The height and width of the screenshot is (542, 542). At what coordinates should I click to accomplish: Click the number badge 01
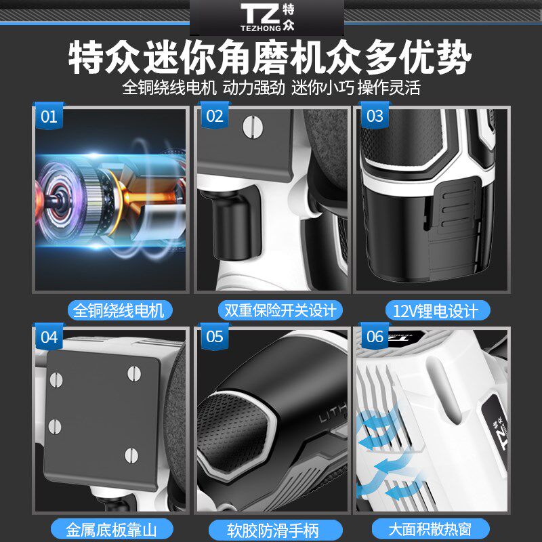pyautogui.click(x=49, y=117)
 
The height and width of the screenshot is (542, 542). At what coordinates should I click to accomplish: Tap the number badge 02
pyautogui.click(x=214, y=117)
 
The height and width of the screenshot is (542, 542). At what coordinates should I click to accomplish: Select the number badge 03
pyautogui.click(x=375, y=117)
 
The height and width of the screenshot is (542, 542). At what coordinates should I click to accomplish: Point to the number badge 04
pyautogui.click(x=49, y=337)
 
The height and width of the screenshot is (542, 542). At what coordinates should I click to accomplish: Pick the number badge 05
pyautogui.click(x=214, y=337)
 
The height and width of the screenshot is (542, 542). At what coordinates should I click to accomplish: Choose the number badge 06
pyautogui.click(x=375, y=337)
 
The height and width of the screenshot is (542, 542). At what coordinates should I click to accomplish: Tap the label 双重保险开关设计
pyautogui.click(x=280, y=311)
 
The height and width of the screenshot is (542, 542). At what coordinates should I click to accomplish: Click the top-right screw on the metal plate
pyautogui.click(x=133, y=371)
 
